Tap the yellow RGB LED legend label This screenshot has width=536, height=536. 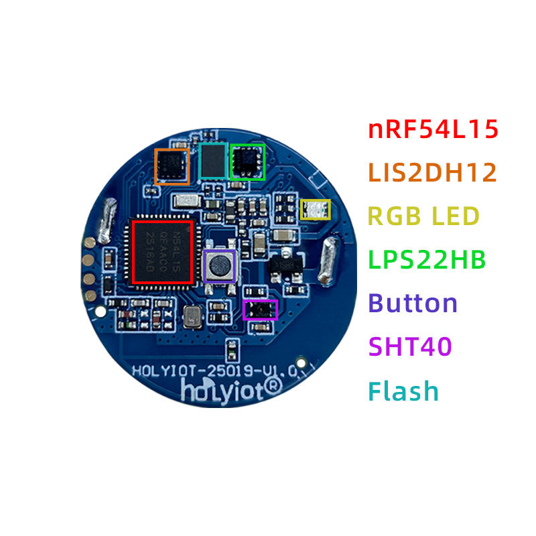tap(424, 216)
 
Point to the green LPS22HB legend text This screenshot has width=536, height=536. tap(427, 260)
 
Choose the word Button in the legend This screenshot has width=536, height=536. tap(413, 304)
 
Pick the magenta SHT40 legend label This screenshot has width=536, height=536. tap(410, 347)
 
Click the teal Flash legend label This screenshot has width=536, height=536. tap(403, 391)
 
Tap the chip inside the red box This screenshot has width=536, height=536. tap(163, 251)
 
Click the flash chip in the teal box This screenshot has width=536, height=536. tap(214, 161)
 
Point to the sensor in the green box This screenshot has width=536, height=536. tap(247, 161)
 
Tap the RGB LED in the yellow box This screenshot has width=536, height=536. tap(315, 210)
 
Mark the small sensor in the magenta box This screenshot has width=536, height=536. tap(259, 310)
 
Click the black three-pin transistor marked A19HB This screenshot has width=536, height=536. tap(285, 264)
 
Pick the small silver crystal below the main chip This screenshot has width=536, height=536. tap(192, 316)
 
